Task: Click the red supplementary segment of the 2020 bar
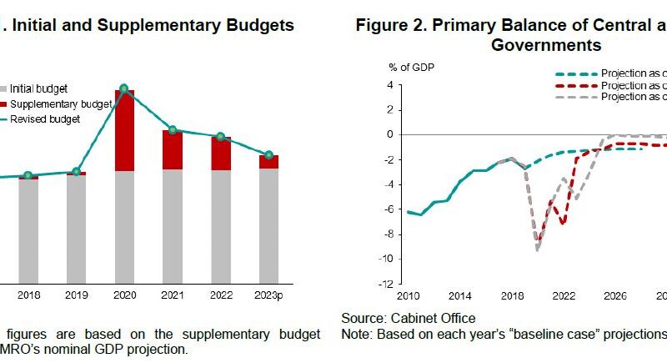point(124,130)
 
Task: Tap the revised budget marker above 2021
point(173,130)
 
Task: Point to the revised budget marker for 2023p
point(268,155)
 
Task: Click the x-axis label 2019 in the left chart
point(76,295)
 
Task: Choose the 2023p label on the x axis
point(268,295)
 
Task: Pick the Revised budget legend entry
point(51,119)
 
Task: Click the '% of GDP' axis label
point(411,67)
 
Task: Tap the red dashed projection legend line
point(574,85)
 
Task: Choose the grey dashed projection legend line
point(574,97)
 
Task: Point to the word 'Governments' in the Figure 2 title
point(547,45)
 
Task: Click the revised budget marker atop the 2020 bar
point(124,88)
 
